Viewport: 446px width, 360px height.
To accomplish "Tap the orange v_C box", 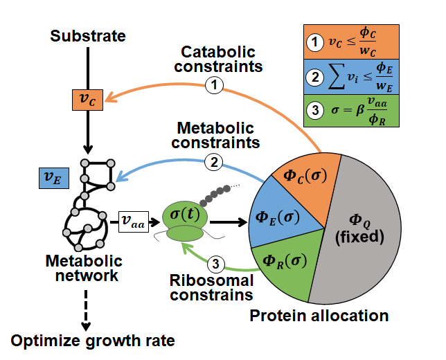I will (x=88, y=101).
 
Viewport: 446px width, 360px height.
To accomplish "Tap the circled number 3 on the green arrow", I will (x=216, y=263).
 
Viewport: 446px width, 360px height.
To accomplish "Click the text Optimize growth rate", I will (x=92, y=340).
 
